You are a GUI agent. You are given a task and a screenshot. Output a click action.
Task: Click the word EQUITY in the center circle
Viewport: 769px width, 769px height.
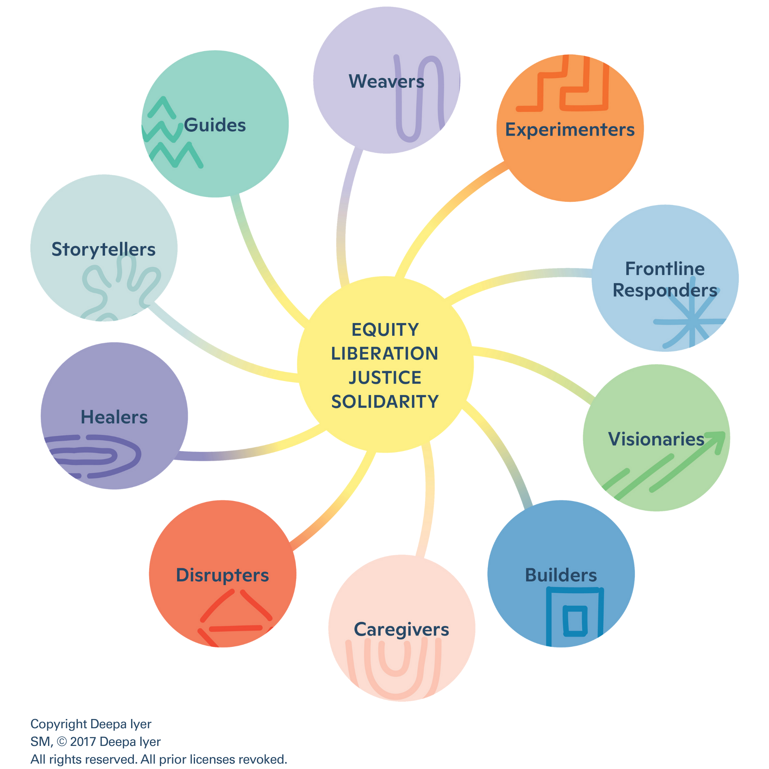click(x=385, y=330)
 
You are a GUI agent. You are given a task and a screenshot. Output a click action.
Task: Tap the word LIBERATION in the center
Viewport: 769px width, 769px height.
click(x=384, y=353)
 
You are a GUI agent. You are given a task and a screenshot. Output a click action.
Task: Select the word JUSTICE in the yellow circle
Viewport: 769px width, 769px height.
click(x=385, y=378)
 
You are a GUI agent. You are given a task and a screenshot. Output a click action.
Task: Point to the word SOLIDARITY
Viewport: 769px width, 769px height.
click(x=385, y=402)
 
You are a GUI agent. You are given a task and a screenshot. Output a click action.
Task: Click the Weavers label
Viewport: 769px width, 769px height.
click(x=386, y=81)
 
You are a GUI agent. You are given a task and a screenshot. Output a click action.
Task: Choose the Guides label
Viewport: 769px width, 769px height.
click(x=215, y=125)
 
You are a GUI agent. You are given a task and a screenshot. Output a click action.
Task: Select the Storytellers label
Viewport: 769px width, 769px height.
click(x=103, y=250)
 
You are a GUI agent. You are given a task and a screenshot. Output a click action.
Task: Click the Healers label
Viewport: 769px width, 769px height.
click(x=114, y=417)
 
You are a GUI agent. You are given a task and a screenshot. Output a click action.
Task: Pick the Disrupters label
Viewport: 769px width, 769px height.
click(x=223, y=576)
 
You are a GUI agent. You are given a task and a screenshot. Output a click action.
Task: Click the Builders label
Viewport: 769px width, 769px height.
click(x=561, y=575)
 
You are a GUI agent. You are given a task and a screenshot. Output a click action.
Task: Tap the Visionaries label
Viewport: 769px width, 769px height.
click(x=656, y=439)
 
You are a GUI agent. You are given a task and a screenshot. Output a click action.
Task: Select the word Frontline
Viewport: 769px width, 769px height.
click(x=665, y=269)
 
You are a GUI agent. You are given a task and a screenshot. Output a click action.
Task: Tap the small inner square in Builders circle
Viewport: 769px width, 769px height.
click(x=575, y=621)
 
